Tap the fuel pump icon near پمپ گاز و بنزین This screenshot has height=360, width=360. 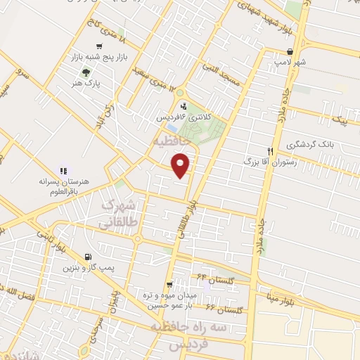coord(86,257)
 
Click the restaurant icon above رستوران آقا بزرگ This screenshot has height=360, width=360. coord(269,151)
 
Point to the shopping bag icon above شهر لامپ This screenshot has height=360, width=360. coord(290,51)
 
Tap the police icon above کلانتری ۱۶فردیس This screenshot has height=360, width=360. coord(184,106)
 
